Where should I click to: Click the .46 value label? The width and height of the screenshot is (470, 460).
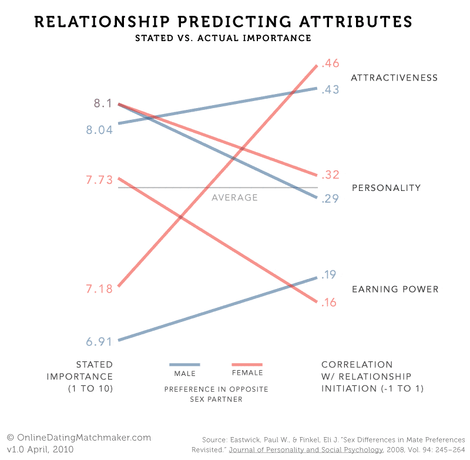(330, 64)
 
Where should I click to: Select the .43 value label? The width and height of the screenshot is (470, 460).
(330, 90)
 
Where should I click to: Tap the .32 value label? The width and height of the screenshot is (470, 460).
(330, 174)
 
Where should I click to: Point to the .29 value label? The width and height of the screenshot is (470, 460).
(330, 199)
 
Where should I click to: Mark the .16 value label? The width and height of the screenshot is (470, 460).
(328, 303)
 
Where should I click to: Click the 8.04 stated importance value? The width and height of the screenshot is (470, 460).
(99, 130)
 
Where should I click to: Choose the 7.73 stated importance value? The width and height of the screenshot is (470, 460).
(99, 180)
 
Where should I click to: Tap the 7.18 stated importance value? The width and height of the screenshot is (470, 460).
(99, 288)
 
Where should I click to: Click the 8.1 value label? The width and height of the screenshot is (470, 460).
(103, 103)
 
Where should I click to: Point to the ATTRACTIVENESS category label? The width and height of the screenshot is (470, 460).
(394, 78)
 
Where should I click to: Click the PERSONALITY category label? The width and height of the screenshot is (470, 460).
(386, 188)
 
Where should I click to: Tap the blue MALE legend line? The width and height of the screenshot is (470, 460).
(184, 364)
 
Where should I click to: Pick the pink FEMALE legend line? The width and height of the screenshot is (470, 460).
(247, 364)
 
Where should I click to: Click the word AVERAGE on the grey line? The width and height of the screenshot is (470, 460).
(234, 197)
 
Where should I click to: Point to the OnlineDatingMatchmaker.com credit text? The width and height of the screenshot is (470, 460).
(79, 438)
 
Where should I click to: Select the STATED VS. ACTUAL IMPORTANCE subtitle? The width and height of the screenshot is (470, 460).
(223, 38)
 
